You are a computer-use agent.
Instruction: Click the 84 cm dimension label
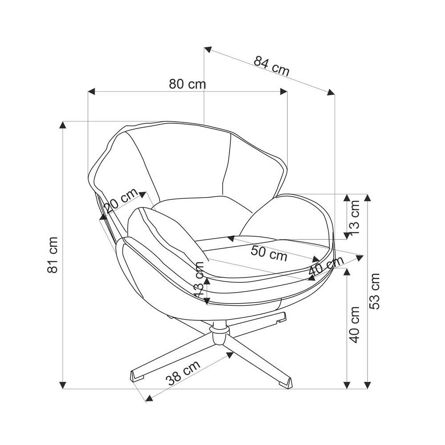point(271,66)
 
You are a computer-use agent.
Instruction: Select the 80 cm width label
point(187,84)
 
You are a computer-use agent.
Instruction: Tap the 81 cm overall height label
point(53,255)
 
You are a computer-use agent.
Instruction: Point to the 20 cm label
point(121,200)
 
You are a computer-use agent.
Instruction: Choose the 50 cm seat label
point(269,253)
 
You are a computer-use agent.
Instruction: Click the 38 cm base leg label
point(183,372)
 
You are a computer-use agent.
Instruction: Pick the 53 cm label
point(374,291)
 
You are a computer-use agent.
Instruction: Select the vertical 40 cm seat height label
point(354,325)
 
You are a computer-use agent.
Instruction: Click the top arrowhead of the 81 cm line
point(63,125)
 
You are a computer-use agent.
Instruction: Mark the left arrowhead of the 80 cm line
point(91,91)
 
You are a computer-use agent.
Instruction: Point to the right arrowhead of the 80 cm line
point(283,91)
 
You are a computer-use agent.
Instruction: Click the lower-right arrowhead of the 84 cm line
point(331,92)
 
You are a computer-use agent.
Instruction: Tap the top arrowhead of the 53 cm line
point(368,198)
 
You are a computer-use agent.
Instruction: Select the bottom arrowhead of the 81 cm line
point(63,385)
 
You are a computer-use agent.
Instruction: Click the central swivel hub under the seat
point(219,333)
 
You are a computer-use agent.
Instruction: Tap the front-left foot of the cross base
point(138,376)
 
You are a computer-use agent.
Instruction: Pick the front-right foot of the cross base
point(285,381)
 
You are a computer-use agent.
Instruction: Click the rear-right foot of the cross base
point(282,318)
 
